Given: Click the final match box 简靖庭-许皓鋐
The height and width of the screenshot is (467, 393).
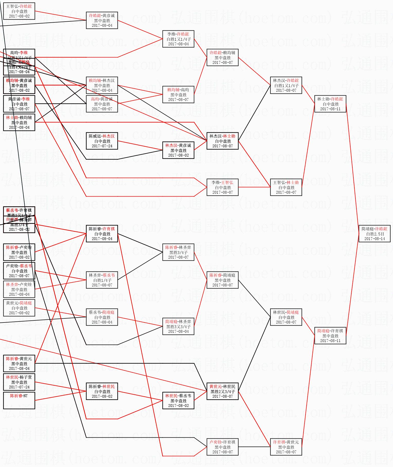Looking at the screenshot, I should [374, 234].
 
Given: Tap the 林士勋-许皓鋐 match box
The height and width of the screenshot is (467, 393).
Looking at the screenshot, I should [330, 104].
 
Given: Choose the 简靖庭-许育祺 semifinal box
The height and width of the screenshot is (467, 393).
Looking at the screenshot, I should [330, 336].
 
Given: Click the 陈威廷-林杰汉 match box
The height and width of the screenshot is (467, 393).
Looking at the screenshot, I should [102, 141].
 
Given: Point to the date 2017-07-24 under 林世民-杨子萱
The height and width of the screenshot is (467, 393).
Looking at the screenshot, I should [19, 387].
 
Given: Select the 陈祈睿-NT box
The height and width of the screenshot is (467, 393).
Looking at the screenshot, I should [19, 400].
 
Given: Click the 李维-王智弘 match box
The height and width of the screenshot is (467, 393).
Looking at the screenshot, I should [222, 187].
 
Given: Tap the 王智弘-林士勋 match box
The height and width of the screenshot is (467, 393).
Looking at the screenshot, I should [286, 187].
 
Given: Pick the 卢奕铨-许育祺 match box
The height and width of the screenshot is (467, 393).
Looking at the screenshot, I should [222, 447].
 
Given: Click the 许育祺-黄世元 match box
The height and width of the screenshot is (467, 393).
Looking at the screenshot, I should [286, 447].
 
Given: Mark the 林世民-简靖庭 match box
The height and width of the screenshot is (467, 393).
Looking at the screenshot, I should [286, 317].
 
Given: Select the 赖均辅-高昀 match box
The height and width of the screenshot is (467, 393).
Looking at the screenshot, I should [178, 95].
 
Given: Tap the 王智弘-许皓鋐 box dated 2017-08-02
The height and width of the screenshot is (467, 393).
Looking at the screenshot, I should [19, 11].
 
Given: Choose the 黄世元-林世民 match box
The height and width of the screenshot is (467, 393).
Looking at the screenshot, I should [222, 391].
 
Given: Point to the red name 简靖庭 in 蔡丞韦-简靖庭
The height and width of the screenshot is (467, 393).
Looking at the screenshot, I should [108, 312].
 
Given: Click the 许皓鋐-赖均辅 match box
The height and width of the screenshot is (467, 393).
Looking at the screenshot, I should [222, 57].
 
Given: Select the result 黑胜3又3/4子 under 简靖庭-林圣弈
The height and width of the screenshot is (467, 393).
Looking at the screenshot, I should [178, 327].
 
